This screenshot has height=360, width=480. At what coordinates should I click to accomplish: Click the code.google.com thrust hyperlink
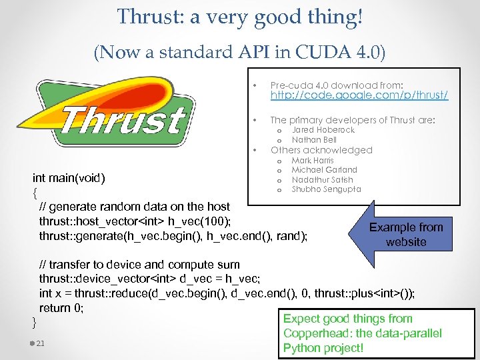359,96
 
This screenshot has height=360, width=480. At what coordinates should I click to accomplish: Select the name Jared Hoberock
323,131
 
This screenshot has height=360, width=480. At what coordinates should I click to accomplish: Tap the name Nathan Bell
314,140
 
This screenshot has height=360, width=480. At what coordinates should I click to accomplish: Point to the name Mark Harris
313,161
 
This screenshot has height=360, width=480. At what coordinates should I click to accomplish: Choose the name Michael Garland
324,170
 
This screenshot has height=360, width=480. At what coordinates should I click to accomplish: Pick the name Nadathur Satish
322,180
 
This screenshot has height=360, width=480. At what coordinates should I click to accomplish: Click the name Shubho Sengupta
326,189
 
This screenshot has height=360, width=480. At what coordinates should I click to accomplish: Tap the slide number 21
41,343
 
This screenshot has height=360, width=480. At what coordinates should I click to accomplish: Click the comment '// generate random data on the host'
134,207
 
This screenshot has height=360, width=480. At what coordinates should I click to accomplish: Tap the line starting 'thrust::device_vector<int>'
149,279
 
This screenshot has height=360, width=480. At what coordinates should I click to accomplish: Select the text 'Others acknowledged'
321,150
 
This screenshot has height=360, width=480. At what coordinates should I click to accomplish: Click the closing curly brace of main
35,323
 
